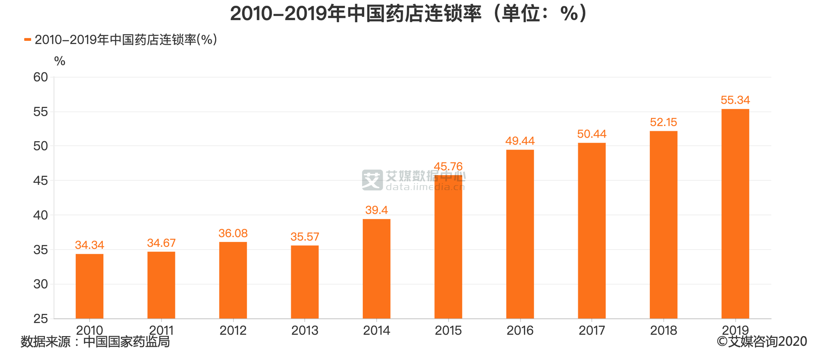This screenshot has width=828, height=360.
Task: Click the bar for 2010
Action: (89, 286)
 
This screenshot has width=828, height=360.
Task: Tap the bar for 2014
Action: (376, 269)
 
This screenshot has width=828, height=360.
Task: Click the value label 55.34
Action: (735, 100)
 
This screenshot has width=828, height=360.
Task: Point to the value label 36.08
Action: (233, 233)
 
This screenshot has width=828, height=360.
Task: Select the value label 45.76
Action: (448, 166)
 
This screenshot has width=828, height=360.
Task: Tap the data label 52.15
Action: (663, 122)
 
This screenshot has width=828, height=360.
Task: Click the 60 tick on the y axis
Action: (40, 77)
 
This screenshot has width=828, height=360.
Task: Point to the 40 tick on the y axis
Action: (40, 215)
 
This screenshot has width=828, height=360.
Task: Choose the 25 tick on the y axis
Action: (40, 319)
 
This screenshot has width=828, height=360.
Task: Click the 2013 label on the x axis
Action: (305, 330)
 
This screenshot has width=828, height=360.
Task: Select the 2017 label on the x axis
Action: (591, 330)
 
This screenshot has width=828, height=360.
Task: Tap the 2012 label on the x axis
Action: (233, 330)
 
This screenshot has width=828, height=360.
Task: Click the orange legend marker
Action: (27, 39)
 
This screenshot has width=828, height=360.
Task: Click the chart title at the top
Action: (408, 14)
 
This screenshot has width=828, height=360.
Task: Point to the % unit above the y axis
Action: (59, 61)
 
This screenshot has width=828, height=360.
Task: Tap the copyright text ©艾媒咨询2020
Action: (762, 341)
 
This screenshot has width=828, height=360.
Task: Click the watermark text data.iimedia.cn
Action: (425, 186)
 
